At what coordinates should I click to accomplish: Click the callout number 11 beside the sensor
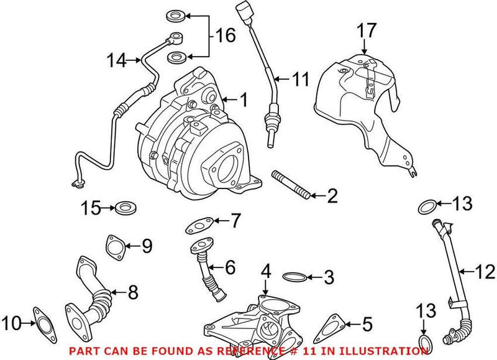pos(301,79)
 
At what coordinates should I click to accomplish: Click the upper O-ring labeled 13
pos(427,206)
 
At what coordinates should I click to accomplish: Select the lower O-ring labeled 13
pos(425,343)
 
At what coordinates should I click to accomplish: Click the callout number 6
pos(230,268)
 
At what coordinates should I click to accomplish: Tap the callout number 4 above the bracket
pos(266,271)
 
